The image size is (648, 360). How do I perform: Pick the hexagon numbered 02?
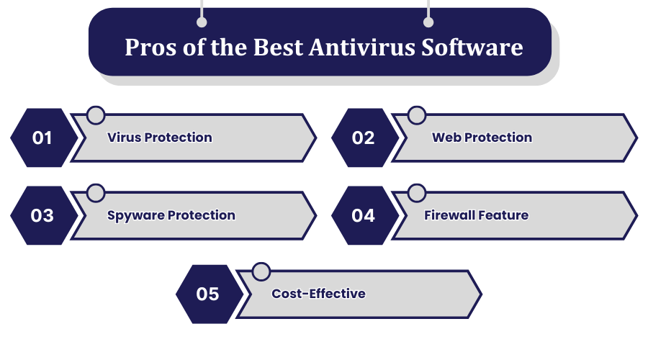pyautogui.click(x=364, y=138)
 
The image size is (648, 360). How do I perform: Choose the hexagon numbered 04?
pyautogui.click(x=364, y=215)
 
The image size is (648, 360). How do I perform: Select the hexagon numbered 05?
pyautogui.click(x=208, y=294)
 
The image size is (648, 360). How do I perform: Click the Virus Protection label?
pyautogui.click(x=160, y=138)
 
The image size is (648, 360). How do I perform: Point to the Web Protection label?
pyautogui.click(x=482, y=138)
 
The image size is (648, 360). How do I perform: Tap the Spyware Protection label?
pyautogui.click(x=171, y=215)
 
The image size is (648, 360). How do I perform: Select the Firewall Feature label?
pyautogui.click(x=476, y=215)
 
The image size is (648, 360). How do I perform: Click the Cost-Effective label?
pyautogui.click(x=318, y=294)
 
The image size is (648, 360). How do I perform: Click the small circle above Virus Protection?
pyautogui.click(x=96, y=115)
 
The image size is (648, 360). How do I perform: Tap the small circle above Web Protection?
pyautogui.click(x=417, y=115)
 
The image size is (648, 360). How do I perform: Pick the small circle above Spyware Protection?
pyautogui.click(x=96, y=193)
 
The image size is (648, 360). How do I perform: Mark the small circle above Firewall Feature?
pyautogui.click(x=417, y=193)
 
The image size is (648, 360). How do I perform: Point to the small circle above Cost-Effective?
pyautogui.click(x=261, y=271)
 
